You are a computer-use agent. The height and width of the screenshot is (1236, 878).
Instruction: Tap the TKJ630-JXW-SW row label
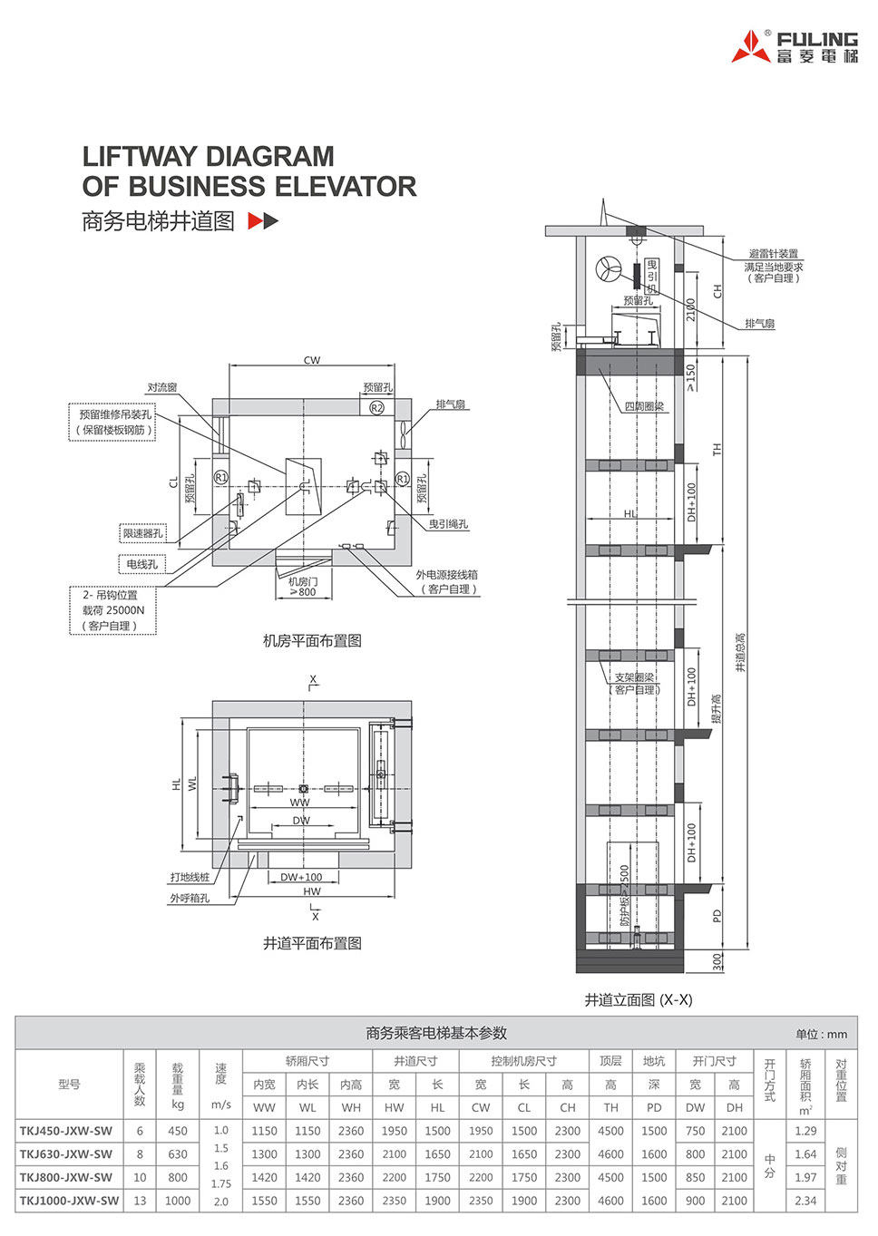(x=66, y=1154)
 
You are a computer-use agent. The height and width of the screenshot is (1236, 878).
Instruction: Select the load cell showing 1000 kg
(x=178, y=1201)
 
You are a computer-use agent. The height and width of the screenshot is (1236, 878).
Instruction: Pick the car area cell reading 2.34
(x=805, y=1201)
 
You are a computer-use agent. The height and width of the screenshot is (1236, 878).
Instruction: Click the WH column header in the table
(x=351, y=1107)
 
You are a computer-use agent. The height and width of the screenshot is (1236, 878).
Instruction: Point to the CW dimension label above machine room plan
(x=312, y=360)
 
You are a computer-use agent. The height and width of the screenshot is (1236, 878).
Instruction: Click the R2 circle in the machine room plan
(x=377, y=408)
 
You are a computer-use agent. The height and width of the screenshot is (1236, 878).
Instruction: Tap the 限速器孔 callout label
(x=143, y=533)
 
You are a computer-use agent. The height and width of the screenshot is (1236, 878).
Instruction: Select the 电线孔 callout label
(x=141, y=564)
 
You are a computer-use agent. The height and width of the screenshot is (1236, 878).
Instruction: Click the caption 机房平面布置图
(x=312, y=641)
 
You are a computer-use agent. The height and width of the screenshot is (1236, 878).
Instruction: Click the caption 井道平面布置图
(x=312, y=943)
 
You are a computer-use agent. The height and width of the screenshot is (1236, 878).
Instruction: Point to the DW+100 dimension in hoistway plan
(x=301, y=877)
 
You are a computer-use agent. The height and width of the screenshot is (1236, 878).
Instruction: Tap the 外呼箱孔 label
(x=189, y=898)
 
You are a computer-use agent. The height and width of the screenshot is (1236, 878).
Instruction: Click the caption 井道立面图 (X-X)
(x=638, y=999)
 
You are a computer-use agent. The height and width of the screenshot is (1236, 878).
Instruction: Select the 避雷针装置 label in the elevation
(x=774, y=254)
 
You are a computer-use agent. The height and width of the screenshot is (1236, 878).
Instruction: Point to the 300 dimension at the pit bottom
(x=718, y=961)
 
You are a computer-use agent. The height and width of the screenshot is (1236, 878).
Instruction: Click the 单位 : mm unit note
(x=821, y=1034)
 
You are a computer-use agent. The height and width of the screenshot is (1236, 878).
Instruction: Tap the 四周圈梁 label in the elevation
(x=644, y=406)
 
